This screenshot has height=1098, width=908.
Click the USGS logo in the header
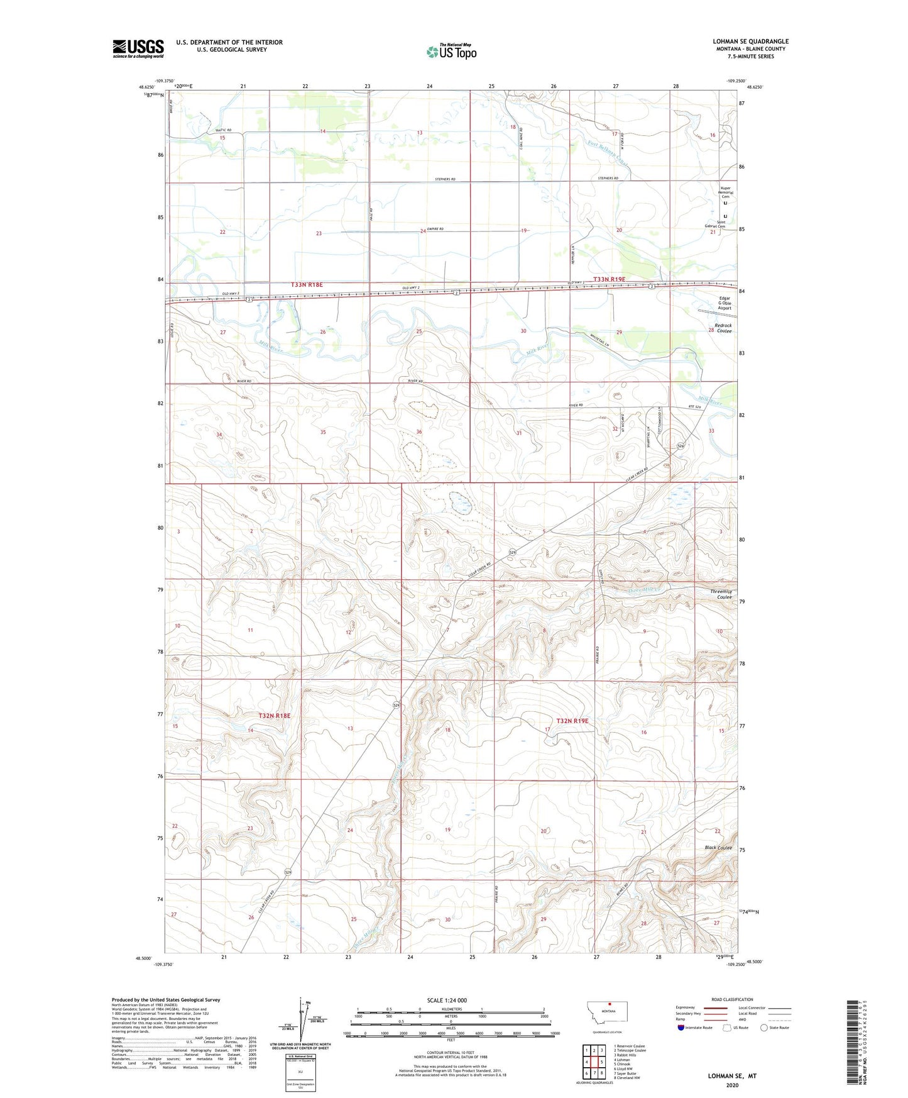(138, 48)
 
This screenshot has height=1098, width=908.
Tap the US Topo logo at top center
(451, 52)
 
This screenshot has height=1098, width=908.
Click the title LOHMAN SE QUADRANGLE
(750, 42)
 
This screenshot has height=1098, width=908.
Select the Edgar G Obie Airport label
(725, 303)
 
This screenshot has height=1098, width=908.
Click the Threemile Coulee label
(721, 594)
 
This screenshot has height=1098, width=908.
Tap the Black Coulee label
(718, 848)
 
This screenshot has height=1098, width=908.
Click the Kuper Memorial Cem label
(725, 192)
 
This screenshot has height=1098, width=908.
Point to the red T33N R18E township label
(307, 285)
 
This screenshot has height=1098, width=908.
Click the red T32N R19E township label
(572, 721)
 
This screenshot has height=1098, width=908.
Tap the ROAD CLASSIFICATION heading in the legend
(731, 999)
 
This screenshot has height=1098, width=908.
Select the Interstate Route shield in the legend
(682, 1028)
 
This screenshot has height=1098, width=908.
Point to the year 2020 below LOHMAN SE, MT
(732, 1085)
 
